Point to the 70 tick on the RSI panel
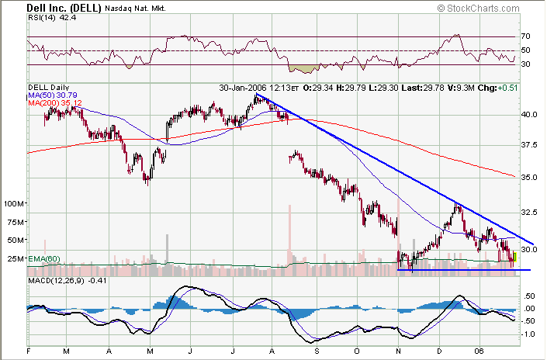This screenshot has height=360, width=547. tap(525, 36)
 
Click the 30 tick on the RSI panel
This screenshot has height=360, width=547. tap(525, 64)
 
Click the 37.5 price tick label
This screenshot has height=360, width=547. tap(529, 145)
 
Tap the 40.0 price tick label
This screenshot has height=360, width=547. tap(529, 114)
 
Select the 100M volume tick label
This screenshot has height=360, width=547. tap(15, 204)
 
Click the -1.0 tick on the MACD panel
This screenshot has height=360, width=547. tap(528, 334)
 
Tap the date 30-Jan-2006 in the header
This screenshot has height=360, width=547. tap(245, 87)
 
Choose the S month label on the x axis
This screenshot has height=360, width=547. tap(317, 351)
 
